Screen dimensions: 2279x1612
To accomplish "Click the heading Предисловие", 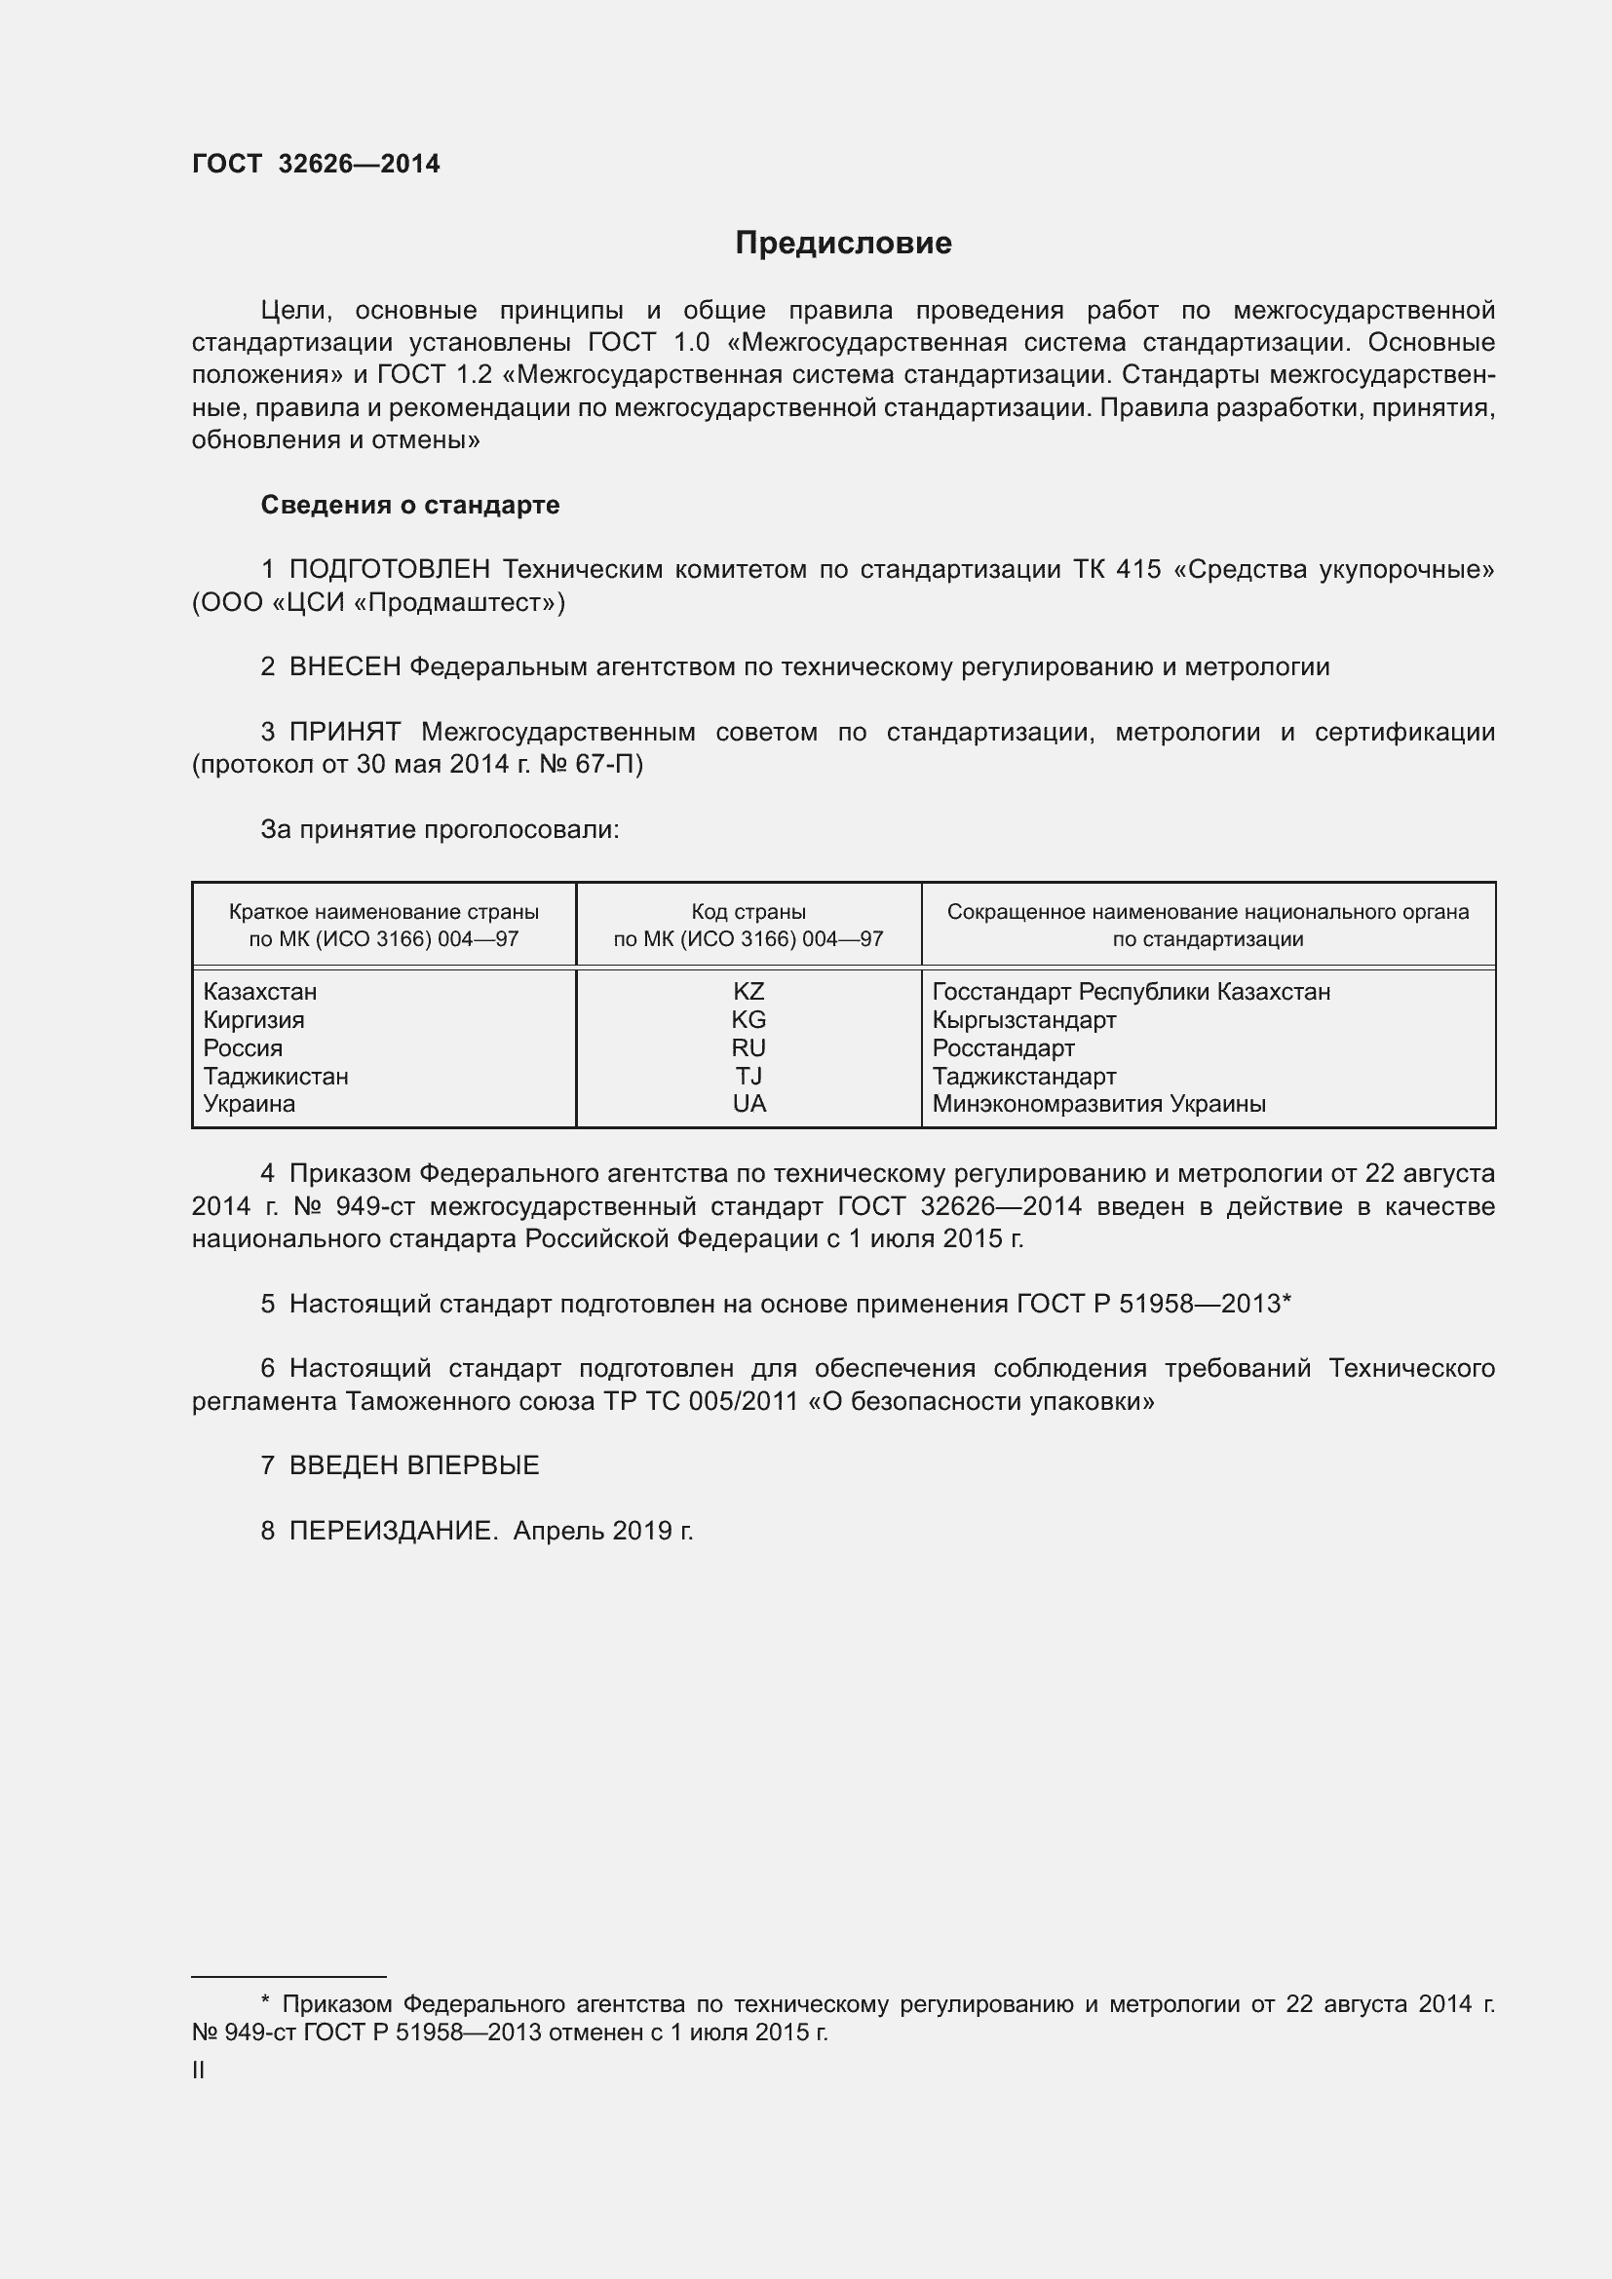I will tap(843, 244).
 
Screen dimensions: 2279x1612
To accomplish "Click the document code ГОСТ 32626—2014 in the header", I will tap(316, 165).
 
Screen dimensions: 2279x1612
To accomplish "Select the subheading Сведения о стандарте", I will tap(410, 506).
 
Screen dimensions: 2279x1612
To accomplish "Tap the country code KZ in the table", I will tap(748, 992).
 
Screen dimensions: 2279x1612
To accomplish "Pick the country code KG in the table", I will tap(748, 1019).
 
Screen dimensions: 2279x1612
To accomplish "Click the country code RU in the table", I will tap(748, 1048).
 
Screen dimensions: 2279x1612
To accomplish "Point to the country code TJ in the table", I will tap(748, 1076).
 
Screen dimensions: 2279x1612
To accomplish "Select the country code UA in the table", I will tap(748, 1104).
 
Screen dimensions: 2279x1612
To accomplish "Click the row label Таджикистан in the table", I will tap(276, 1076).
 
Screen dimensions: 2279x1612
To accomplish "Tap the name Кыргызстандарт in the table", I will tap(1023, 1019).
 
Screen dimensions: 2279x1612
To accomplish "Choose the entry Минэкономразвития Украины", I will tap(1098, 1104).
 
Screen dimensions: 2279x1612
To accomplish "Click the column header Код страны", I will tap(748, 911).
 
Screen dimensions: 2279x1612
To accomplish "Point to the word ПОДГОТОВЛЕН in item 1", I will tap(389, 570).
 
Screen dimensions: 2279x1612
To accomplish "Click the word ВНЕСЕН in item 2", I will tap(344, 667).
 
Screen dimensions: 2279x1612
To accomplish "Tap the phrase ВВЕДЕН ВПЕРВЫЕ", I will tap(414, 1466).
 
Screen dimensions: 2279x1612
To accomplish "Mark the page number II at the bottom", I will tap(199, 2070).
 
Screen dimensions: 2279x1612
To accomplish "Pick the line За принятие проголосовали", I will tap(440, 830).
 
